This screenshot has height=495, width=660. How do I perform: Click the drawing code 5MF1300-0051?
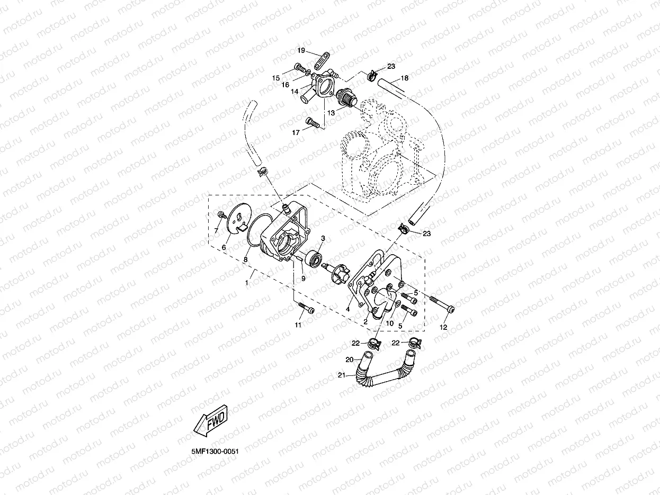(215, 451)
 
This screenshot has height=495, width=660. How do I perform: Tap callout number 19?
(301, 51)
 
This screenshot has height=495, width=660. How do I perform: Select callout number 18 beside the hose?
(404, 78)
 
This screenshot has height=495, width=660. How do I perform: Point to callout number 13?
(331, 112)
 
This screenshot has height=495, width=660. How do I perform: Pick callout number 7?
(216, 231)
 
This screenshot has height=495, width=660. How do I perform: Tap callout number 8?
(245, 259)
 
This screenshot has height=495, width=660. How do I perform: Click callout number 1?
(246, 283)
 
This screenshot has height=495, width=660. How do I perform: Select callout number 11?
(298, 325)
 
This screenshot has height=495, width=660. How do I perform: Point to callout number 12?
(444, 327)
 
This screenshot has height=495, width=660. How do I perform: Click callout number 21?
(342, 375)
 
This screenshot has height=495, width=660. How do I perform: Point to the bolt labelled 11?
(304, 308)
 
